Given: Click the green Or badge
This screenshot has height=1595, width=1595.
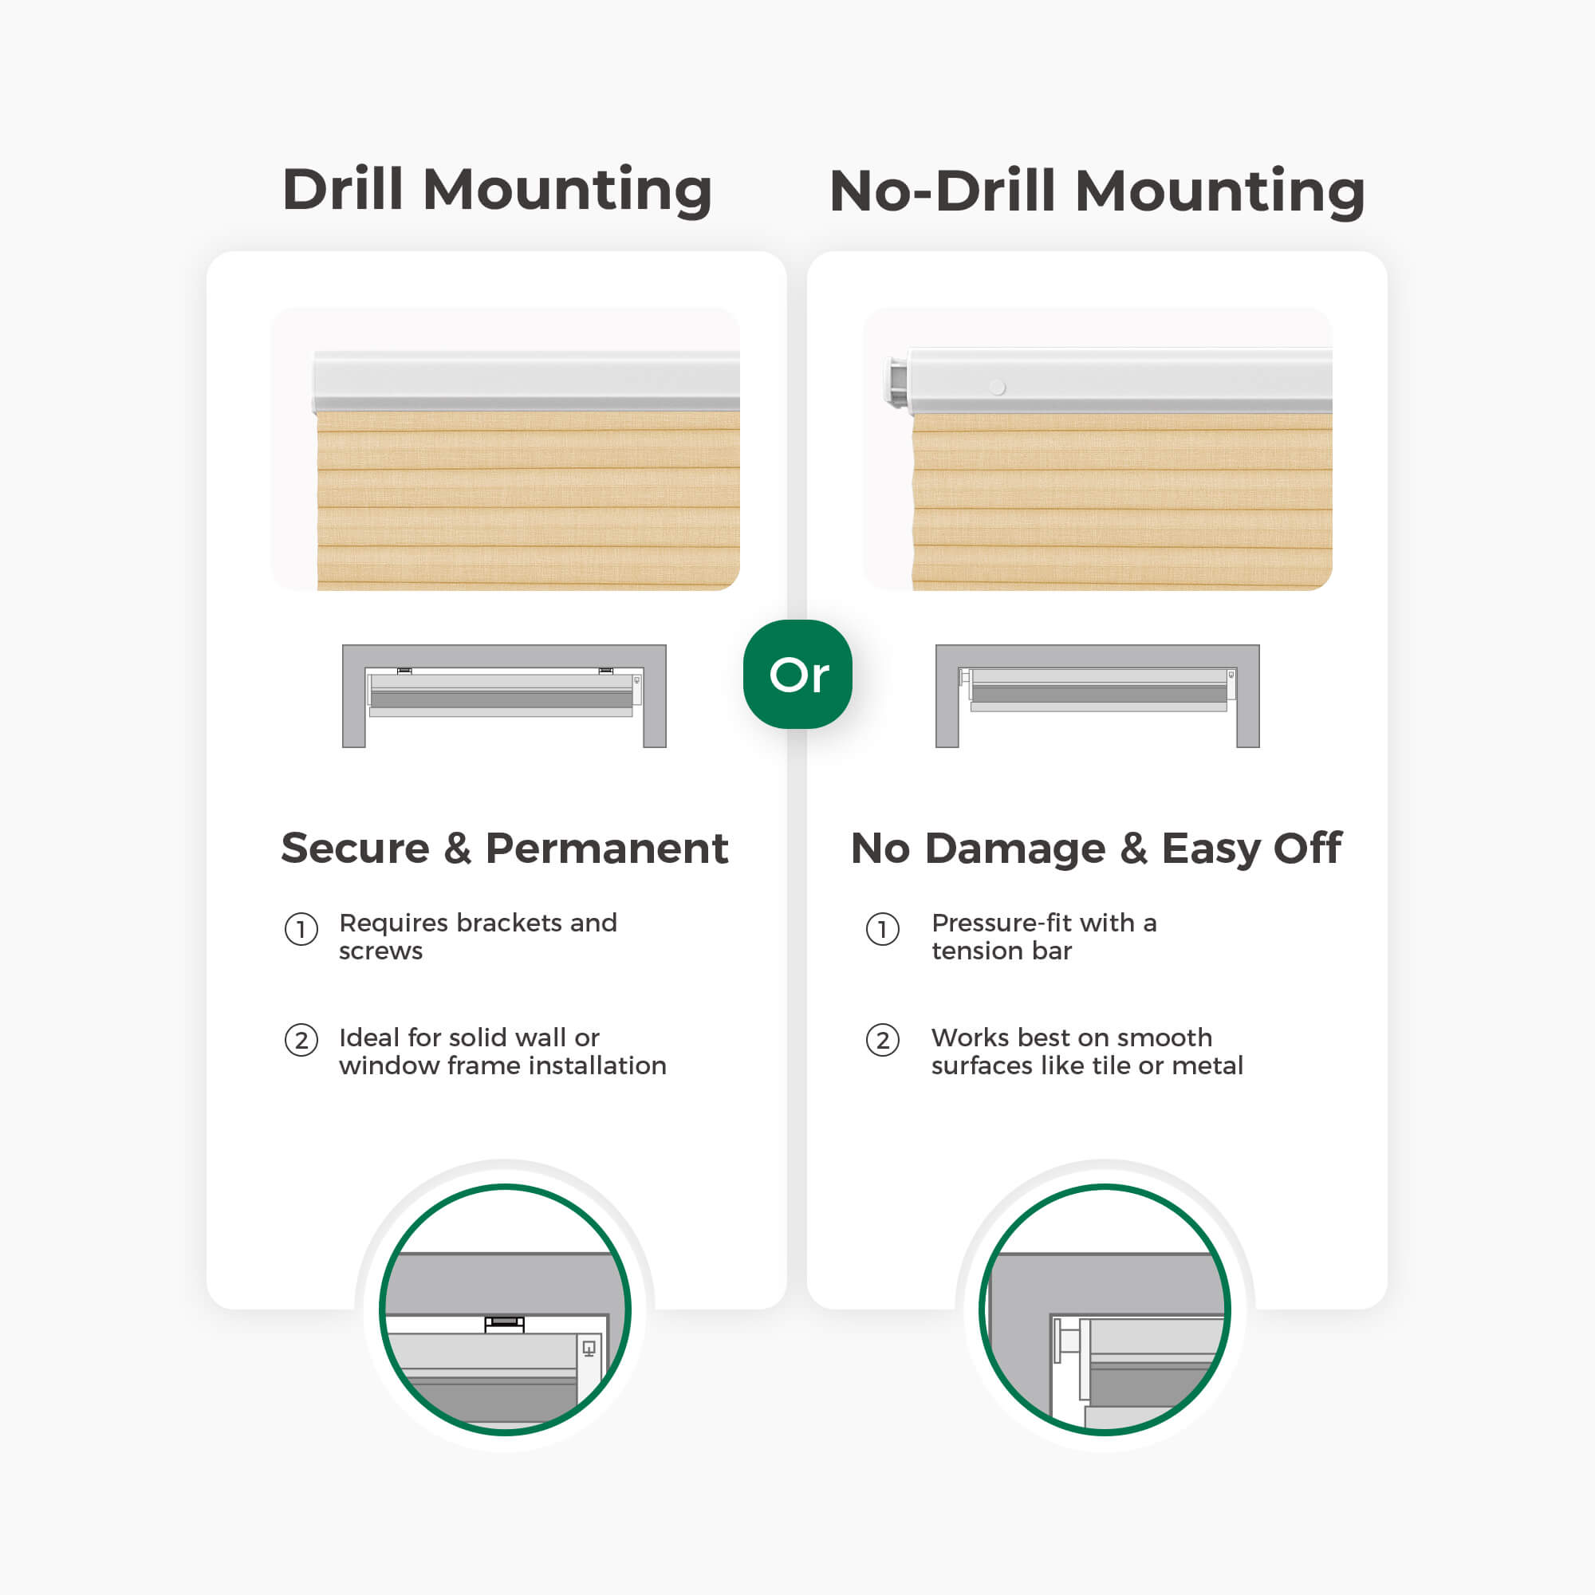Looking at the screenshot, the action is (x=797, y=674).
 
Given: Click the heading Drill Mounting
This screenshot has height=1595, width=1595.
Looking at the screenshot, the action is (x=497, y=190).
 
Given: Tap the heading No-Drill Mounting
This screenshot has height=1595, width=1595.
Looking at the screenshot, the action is (x=1097, y=191).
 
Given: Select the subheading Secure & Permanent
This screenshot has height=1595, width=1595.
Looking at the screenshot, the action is (x=505, y=848).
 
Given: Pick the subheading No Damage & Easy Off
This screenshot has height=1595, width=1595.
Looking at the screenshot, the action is (x=1097, y=849).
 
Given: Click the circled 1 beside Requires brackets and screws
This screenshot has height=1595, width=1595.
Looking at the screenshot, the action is (x=301, y=930).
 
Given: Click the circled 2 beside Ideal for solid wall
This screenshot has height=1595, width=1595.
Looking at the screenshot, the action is (x=301, y=1040).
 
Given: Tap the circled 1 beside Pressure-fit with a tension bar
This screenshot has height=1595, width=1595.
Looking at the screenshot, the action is (x=883, y=930).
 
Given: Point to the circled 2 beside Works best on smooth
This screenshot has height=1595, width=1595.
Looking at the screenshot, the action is (x=883, y=1040).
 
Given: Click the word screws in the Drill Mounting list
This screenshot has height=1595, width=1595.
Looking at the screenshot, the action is (x=380, y=952).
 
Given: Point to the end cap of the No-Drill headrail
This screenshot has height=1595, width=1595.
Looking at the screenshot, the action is (x=896, y=380).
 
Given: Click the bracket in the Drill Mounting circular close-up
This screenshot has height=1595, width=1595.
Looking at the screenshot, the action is (x=505, y=1323).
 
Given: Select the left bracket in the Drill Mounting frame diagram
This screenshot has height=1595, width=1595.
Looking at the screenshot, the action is (x=404, y=671).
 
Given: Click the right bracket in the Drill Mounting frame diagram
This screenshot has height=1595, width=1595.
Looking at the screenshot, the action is (x=606, y=671).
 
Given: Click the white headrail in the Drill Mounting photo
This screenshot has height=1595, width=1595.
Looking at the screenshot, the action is (x=526, y=380).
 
